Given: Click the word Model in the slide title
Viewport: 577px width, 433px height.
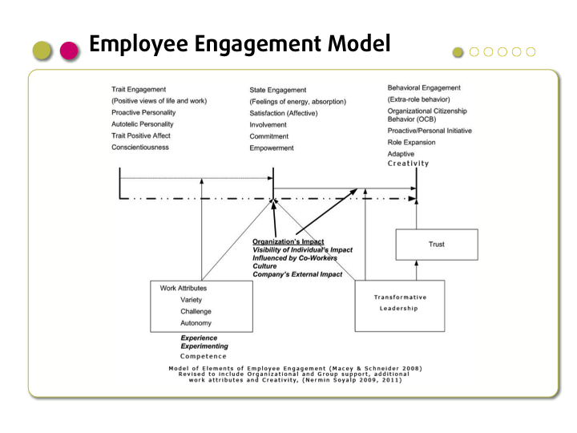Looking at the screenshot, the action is [x=359, y=43].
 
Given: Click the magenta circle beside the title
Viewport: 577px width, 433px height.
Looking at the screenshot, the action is [x=69, y=51].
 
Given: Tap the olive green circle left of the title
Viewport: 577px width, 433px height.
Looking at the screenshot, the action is [x=42, y=51].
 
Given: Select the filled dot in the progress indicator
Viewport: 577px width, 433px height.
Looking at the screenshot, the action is [x=458, y=52].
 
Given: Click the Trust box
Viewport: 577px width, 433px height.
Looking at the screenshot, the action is [x=437, y=245].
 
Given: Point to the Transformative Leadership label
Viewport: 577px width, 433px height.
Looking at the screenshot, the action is [x=400, y=302].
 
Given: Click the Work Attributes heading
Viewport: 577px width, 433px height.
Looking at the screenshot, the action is [x=184, y=289].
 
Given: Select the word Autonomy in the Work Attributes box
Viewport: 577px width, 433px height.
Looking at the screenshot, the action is [x=196, y=323].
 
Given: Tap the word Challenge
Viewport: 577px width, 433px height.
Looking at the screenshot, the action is [x=196, y=311].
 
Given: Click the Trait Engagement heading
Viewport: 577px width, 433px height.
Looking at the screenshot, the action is [x=139, y=90].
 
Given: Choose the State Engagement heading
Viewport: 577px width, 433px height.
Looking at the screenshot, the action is [x=278, y=90].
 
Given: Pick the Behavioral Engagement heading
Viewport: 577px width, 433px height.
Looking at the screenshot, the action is [x=424, y=88].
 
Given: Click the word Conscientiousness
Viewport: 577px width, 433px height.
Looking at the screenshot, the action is [x=140, y=148].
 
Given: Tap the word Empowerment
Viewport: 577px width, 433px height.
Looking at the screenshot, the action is [x=272, y=148].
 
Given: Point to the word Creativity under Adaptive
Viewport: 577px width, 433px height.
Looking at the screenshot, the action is [x=408, y=164].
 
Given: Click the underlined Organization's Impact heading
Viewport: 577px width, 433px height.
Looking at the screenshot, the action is [x=288, y=241].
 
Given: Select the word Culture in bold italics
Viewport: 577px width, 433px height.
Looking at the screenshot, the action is [x=264, y=266].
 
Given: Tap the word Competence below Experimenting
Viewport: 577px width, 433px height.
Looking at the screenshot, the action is [x=203, y=356].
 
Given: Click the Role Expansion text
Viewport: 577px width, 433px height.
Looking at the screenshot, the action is [x=411, y=143].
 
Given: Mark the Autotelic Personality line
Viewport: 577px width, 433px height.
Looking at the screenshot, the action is [x=143, y=124].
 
